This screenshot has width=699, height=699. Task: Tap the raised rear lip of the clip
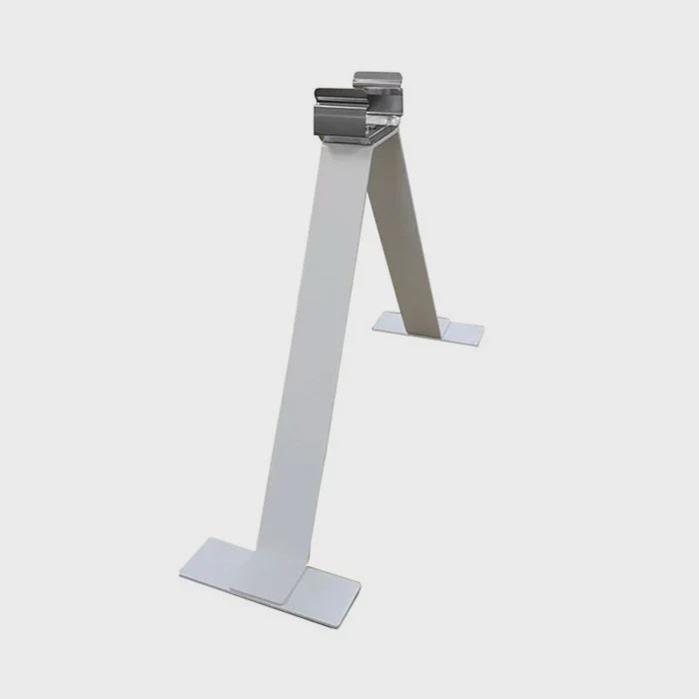379,79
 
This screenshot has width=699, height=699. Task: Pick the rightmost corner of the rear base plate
485,330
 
